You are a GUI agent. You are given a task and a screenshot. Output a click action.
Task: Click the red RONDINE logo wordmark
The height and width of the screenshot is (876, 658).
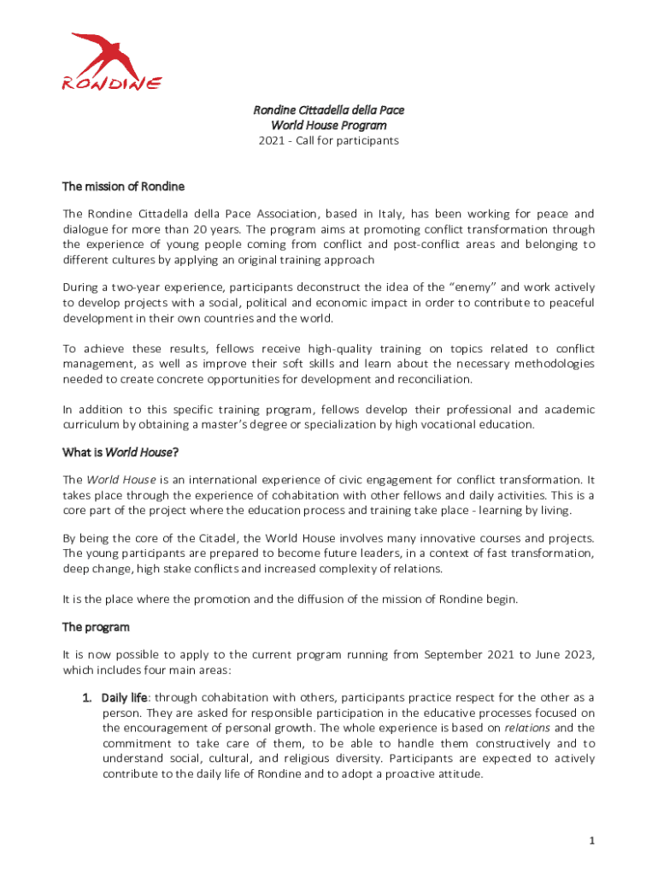coord(112,83)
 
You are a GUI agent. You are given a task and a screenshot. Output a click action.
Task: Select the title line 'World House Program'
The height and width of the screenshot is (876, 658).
coord(328,126)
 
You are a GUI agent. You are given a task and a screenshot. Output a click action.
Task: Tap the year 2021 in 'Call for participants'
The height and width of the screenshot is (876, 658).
coord(273,140)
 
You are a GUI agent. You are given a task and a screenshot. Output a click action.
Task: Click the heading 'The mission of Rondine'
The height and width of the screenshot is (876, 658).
coord(123,186)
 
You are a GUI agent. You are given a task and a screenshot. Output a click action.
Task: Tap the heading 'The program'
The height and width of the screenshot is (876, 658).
coord(96,627)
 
